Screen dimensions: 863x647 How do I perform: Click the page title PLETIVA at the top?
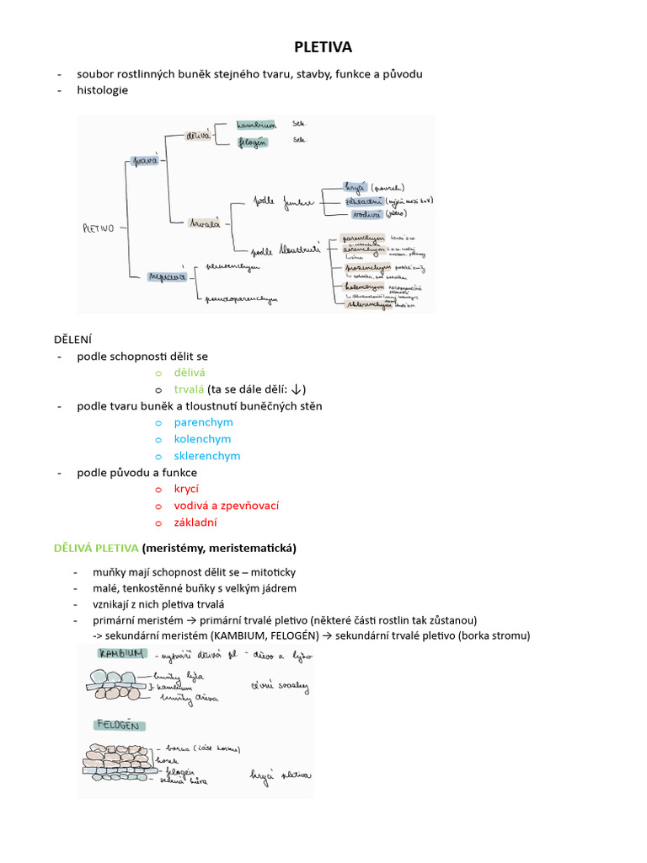[x=323, y=48]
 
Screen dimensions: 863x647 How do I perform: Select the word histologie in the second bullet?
[x=103, y=90]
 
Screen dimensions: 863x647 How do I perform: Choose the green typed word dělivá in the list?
[x=190, y=372]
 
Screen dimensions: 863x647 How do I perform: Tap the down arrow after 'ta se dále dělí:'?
[x=297, y=389]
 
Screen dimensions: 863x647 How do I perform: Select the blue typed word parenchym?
[x=203, y=422]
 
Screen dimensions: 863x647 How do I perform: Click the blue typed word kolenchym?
[x=202, y=439]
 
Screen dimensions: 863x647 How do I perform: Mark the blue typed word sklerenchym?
[x=207, y=456]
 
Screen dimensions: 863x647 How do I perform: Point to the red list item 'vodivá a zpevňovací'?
[x=226, y=506]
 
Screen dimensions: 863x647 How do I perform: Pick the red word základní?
[x=195, y=523]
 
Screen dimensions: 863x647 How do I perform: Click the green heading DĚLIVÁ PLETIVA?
[x=96, y=548]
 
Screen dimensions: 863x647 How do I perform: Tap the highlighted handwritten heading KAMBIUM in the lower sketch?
[x=123, y=654]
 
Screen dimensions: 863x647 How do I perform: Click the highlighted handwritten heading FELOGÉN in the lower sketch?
[x=117, y=725]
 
